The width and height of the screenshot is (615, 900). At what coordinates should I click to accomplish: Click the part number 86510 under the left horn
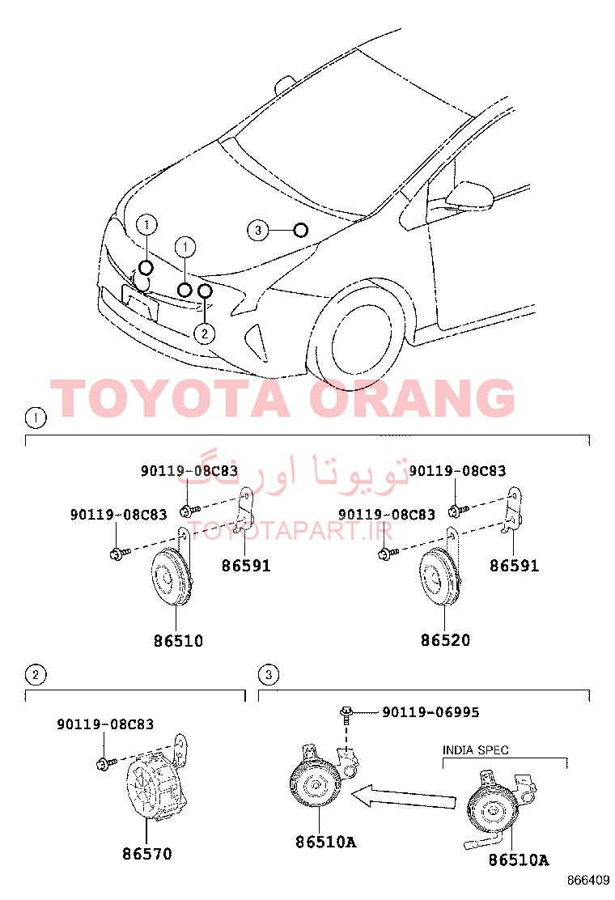(178, 640)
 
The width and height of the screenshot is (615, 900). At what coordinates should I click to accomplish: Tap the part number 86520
(445, 640)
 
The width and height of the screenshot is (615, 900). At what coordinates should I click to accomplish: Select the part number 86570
(146, 854)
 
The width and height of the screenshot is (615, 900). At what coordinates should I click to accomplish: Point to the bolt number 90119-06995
(430, 711)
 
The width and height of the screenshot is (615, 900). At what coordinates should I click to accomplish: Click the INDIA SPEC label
(475, 749)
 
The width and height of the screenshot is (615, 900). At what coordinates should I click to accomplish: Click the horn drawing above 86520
(439, 578)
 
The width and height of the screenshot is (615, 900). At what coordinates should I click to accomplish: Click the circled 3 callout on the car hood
(257, 230)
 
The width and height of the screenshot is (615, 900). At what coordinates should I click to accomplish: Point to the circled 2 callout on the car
(205, 333)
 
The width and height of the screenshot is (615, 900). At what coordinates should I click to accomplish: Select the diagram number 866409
(588, 880)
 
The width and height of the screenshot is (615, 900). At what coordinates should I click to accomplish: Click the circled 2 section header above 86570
(36, 674)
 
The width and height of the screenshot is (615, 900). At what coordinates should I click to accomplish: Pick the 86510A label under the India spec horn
(519, 860)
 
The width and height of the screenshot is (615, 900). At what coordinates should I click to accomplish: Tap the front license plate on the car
(140, 302)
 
